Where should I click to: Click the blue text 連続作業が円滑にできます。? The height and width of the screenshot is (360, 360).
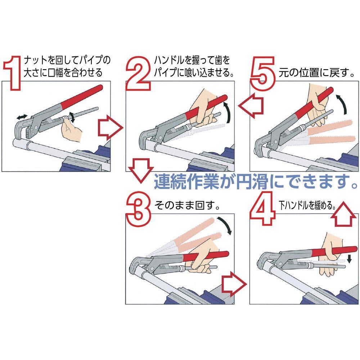[256, 182]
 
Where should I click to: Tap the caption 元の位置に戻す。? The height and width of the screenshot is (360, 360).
[314, 74]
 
